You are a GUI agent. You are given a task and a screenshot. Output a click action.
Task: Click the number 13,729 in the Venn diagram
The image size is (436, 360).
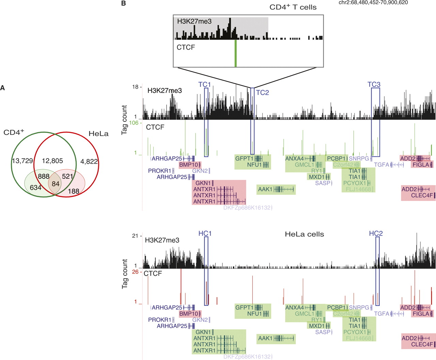(23, 161)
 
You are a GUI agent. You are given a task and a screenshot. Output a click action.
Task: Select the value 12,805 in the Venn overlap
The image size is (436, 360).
(53, 161)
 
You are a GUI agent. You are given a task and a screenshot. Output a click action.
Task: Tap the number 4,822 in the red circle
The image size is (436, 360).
(89, 161)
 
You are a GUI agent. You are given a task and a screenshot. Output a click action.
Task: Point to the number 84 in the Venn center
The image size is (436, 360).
(56, 184)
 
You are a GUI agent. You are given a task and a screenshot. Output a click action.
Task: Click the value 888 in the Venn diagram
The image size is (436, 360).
(44, 176)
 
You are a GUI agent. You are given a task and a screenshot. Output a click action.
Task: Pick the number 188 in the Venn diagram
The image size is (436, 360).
(74, 191)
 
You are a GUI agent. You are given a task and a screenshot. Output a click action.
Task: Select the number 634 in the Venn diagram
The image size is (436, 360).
(35, 187)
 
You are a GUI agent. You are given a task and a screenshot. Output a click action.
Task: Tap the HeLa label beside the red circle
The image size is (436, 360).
(98, 134)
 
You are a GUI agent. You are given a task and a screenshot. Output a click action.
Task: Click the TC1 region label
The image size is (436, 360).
(205, 84)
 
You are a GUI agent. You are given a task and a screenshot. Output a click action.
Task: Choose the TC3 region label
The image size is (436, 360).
(374, 84)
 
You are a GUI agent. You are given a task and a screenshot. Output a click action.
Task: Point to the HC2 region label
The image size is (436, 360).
(376, 233)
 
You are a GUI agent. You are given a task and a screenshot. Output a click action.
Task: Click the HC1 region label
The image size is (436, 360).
(205, 233)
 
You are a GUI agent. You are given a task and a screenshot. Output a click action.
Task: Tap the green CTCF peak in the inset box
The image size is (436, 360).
(235, 53)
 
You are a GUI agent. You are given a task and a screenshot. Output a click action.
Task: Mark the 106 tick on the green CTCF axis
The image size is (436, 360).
(134, 123)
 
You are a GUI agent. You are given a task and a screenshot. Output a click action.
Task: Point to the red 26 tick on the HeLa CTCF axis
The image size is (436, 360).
(135, 272)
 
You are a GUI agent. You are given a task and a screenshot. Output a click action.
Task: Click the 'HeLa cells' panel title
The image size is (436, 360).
(304, 234)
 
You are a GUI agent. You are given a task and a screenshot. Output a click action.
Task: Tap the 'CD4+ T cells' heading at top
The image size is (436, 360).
(293, 7)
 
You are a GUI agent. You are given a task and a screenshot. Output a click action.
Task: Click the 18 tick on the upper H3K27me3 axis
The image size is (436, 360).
(135, 87)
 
